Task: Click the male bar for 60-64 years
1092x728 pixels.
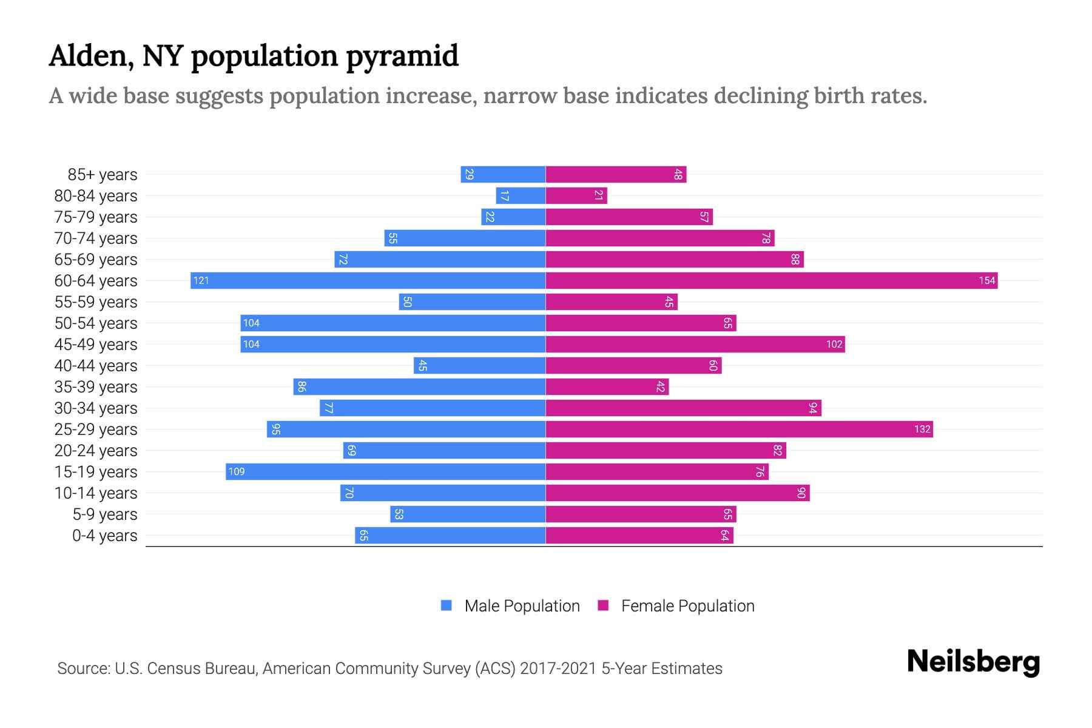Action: pos(368,280)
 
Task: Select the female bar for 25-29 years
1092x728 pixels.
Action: pos(739,429)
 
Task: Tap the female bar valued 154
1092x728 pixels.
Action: pos(772,280)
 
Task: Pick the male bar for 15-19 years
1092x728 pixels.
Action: pos(385,471)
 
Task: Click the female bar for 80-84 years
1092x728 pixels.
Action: pos(576,195)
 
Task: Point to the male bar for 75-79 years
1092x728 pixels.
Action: pos(513,217)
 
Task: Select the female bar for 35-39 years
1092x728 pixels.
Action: pos(607,386)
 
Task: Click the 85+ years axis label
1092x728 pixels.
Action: pos(103,175)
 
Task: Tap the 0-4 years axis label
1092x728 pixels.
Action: pos(104,536)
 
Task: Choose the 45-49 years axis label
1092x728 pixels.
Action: pos(96,345)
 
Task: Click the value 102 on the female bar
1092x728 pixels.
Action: pos(834,344)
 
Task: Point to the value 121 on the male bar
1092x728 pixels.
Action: pos(201,280)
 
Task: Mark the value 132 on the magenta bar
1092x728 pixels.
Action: pos(922,429)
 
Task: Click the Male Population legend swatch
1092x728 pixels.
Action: pos(447,605)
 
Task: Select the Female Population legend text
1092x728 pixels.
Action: pos(687,605)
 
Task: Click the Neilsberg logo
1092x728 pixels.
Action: pos(973,662)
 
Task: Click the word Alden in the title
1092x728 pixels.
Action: pos(91,56)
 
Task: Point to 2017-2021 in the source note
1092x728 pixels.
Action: pos(558,669)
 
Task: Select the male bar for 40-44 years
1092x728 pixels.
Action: pos(479,365)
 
